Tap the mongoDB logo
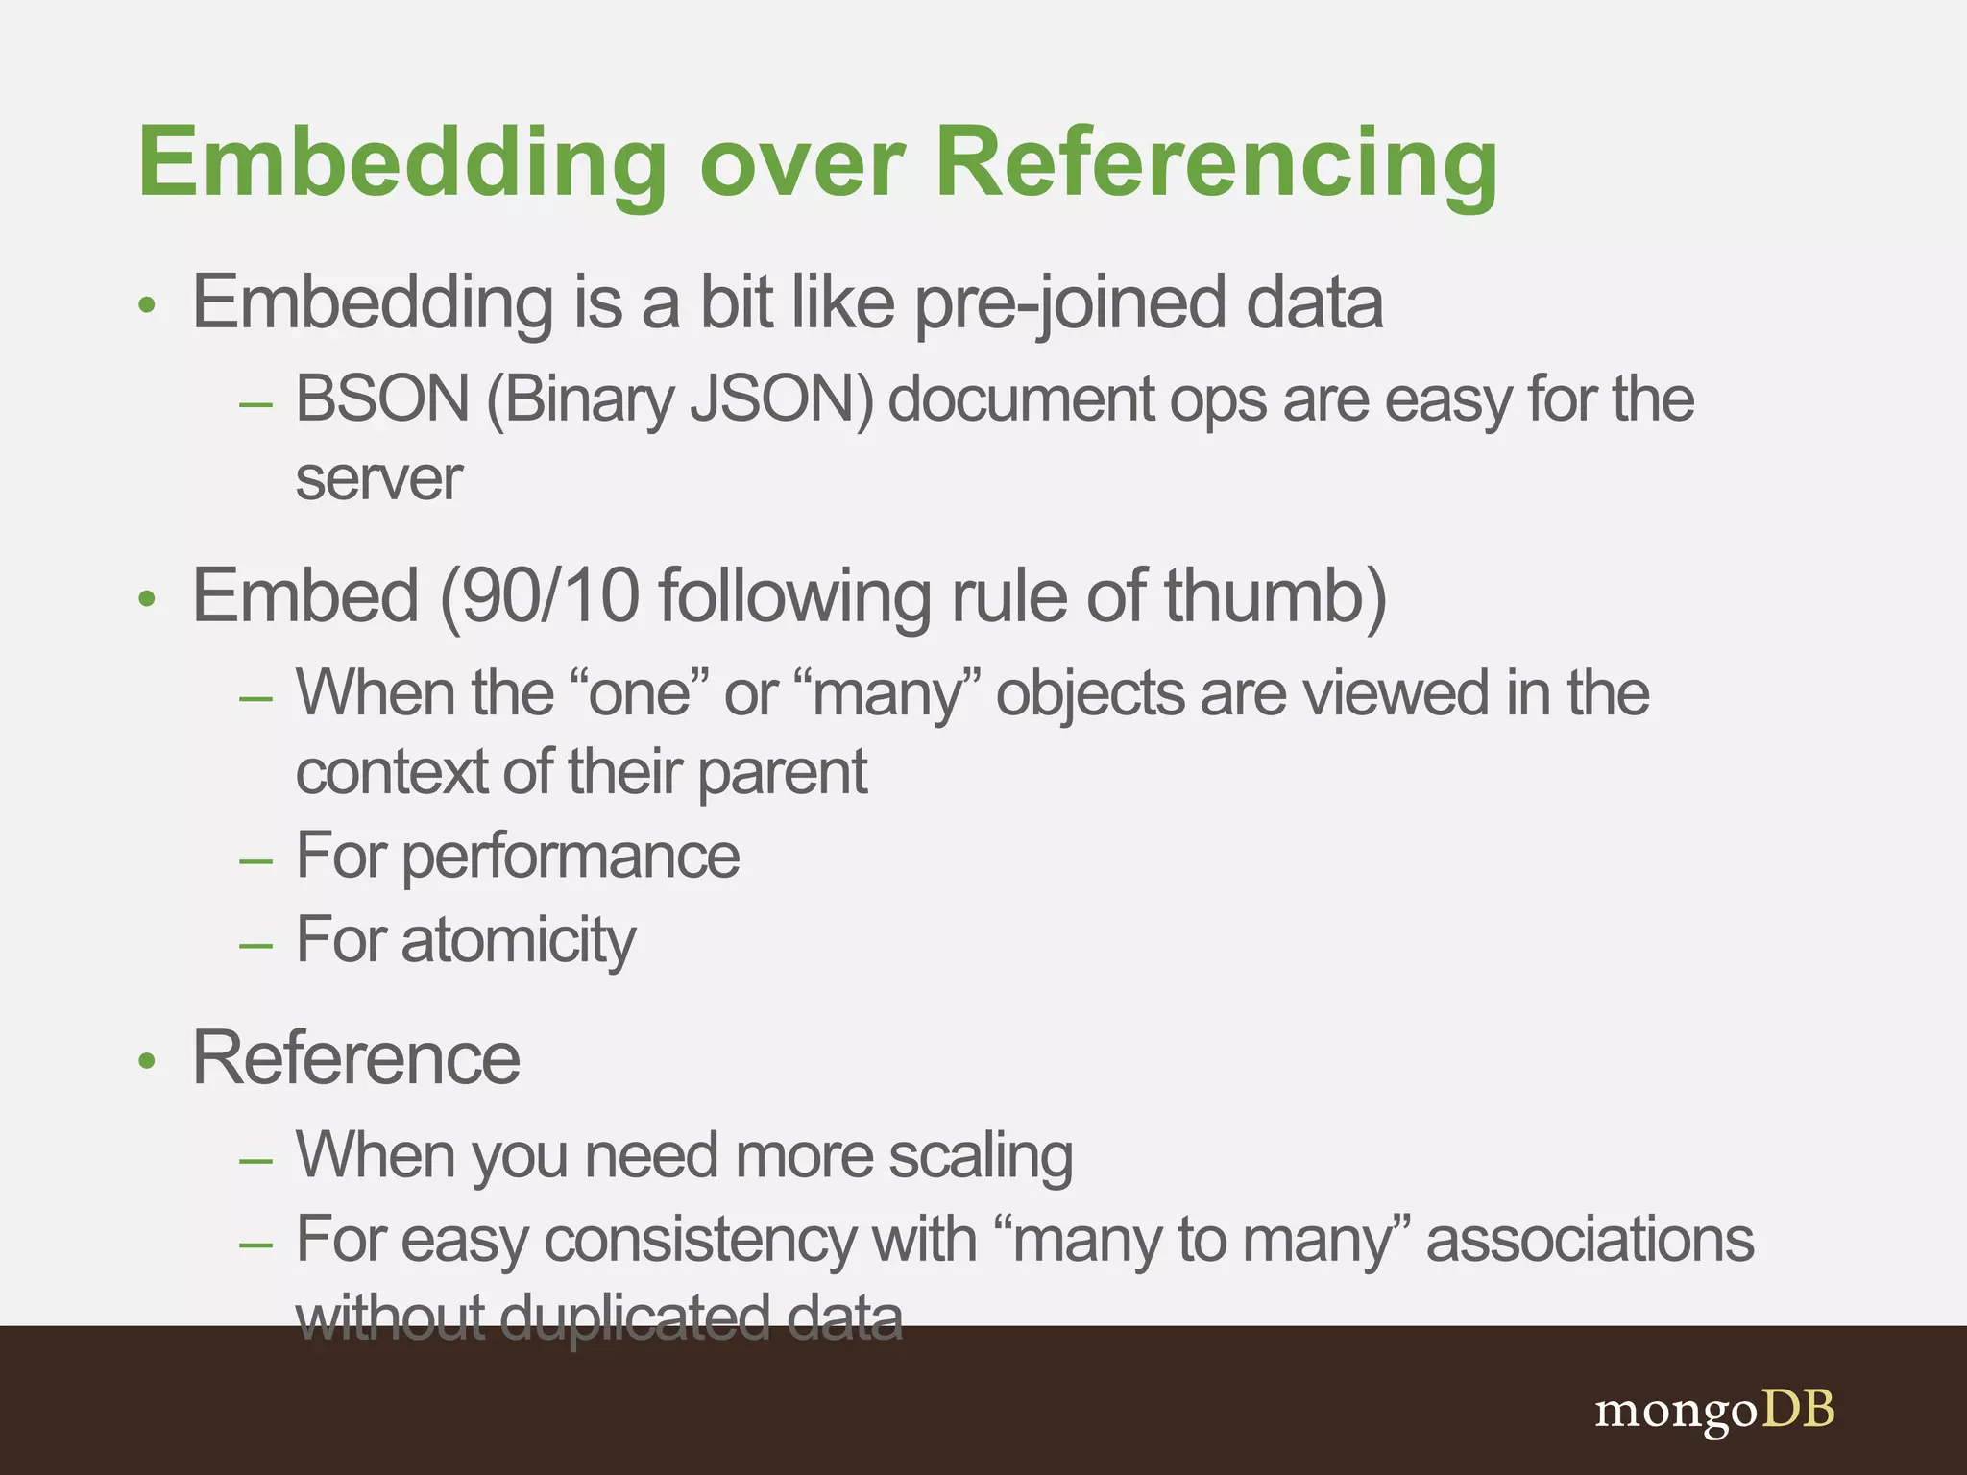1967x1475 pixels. pyautogui.click(x=1714, y=1411)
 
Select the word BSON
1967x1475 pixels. pyautogui.click(x=382, y=399)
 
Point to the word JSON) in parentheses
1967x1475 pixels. pyautogui.click(x=783, y=399)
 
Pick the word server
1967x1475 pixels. pyautogui.click(x=378, y=478)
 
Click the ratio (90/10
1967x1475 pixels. pyautogui.click(x=540, y=596)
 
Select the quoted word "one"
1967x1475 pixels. pyautogui.click(x=639, y=692)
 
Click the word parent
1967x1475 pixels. pyautogui.click(x=782, y=772)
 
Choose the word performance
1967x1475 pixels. pyautogui.click(x=571, y=856)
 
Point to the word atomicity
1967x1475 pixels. pyautogui.click(x=519, y=939)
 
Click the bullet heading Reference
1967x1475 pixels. pyautogui.click(x=356, y=1058)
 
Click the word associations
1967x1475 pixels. pyautogui.click(x=1590, y=1240)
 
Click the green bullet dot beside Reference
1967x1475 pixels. pyautogui.click(x=147, y=1061)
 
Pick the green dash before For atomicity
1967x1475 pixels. pyautogui.click(x=256, y=945)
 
